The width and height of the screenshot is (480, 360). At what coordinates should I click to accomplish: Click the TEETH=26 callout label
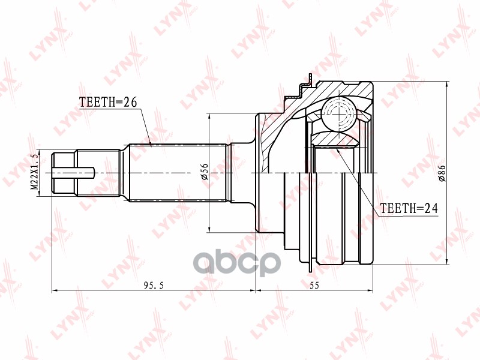109,102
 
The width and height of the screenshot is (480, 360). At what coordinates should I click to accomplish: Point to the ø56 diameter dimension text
204,173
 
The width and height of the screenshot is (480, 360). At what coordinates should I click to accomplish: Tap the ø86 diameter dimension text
441,173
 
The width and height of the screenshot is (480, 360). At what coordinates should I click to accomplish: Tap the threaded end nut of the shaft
64,173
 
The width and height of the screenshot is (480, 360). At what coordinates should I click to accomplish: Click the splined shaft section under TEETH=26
177,173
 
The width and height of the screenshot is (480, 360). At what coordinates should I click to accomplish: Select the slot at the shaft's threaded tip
75,173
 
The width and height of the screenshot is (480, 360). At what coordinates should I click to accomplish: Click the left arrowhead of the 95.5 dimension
55,291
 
